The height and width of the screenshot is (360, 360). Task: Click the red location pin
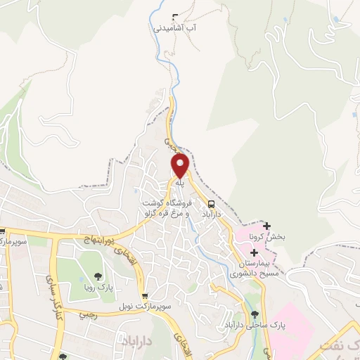pos(180,166)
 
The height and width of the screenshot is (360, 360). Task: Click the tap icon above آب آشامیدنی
pos(174,17)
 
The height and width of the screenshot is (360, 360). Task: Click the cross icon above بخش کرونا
pos(266,226)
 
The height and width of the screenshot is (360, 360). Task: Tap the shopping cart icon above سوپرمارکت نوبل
pos(144,297)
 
